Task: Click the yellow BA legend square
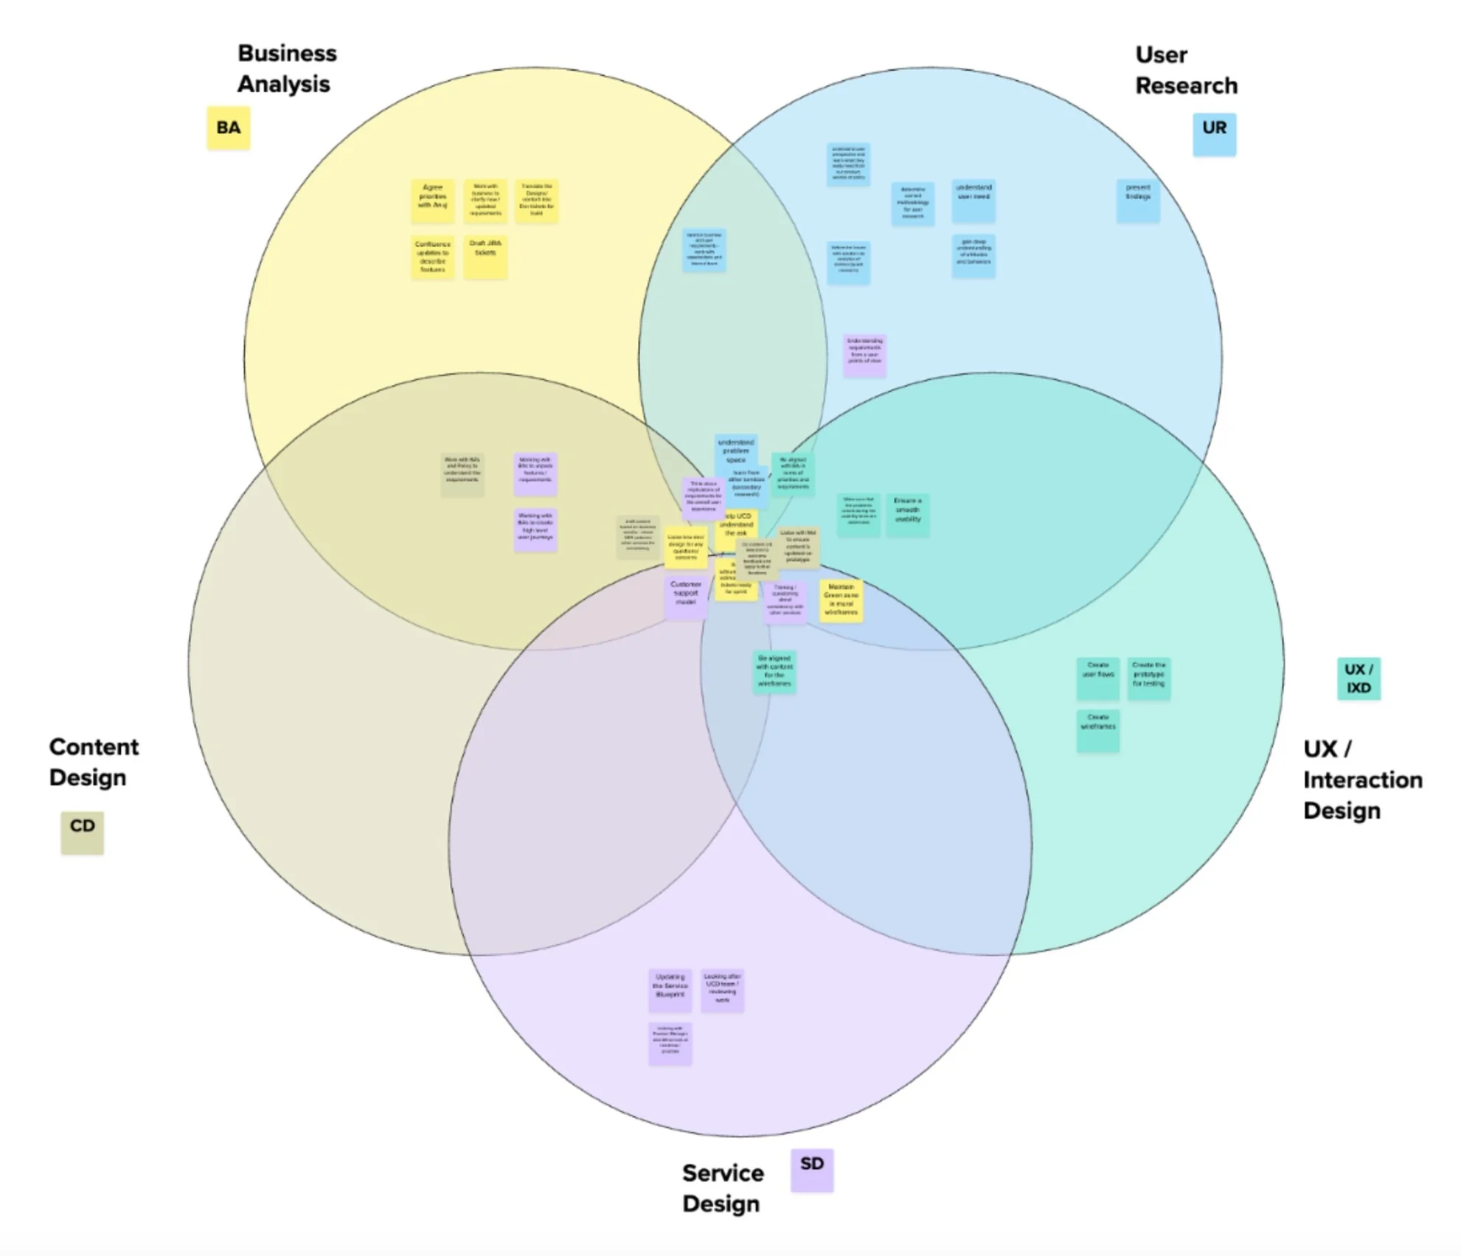pos(228,128)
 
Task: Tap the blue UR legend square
pos(1214,133)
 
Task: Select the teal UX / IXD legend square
pos(1358,679)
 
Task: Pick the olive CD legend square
pos(82,833)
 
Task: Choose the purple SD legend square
pos(811,1170)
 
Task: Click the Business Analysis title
pos(286,69)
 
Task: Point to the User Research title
pos(1186,70)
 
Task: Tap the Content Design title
pos(94,762)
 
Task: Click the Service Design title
pos(722,1187)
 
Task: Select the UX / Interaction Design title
pos(1362,779)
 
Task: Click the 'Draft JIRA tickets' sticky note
pos(485,257)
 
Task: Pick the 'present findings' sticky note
pos(1138,201)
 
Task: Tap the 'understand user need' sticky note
pos(974,201)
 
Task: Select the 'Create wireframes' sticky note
pos(1097,730)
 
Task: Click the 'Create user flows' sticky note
pos(1097,678)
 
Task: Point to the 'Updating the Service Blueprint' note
pos(670,990)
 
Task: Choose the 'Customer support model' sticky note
pos(686,597)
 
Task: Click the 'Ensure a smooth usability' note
pos(907,514)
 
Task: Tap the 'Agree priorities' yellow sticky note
pos(432,201)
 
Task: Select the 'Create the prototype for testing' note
pos(1148,678)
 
